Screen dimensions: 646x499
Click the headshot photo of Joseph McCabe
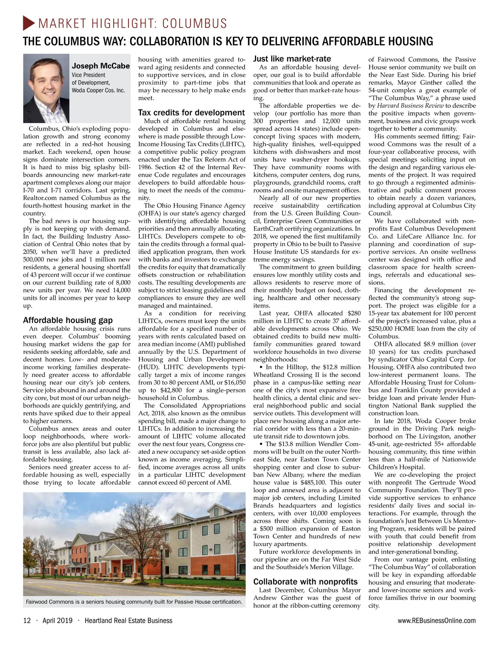pyautogui.click(x=46, y=89)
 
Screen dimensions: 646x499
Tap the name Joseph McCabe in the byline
pyautogui.click(x=101, y=66)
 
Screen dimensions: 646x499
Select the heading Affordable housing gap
pyautogui.click(x=68, y=320)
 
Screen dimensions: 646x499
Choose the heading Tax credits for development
pyautogui.click(x=191, y=113)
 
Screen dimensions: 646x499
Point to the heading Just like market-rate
pyautogui.click(x=292, y=59)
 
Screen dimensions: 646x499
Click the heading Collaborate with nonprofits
pyautogui.click(x=305, y=582)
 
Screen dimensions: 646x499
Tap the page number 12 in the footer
pyautogui.click(x=27, y=621)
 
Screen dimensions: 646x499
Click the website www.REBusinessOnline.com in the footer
pyautogui.click(x=437, y=621)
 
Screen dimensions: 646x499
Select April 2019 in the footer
pyautogui.click(x=57, y=621)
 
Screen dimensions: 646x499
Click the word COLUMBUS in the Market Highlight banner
pyautogui.click(x=195, y=23)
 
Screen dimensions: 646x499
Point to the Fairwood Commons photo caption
pyautogui.click(x=134, y=602)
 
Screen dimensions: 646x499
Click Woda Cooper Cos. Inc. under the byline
pyautogui.click(x=98, y=90)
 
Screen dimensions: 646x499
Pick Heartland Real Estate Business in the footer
pyautogui.click(x=128, y=621)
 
